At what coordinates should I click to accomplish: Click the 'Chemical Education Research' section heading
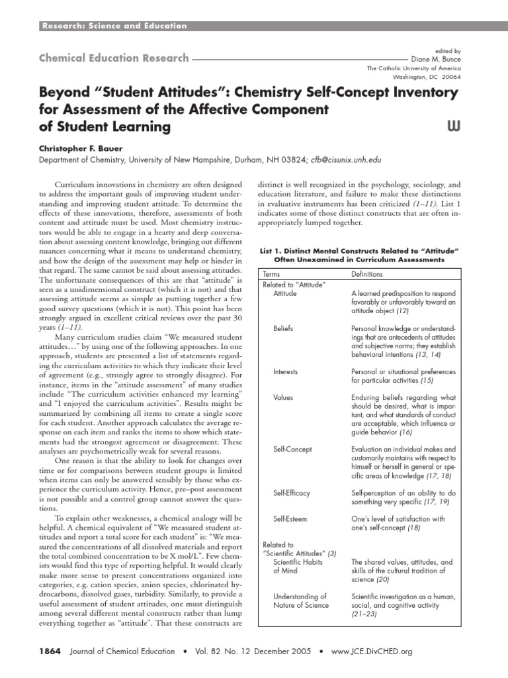click(114, 58)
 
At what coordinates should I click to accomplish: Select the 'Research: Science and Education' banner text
click(114, 26)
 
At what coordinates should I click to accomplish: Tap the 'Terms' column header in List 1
click(271, 273)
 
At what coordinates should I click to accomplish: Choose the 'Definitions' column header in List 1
click(367, 273)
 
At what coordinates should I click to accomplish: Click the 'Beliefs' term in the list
click(283, 328)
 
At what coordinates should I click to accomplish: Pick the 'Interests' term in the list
click(286, 371)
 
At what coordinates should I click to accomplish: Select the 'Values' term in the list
click(283, 397)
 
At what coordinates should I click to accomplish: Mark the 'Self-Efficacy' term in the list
click(291, 493)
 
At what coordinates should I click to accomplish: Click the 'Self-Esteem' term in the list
click(290, 519)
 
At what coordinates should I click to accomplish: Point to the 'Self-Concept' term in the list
click(292, 450)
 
